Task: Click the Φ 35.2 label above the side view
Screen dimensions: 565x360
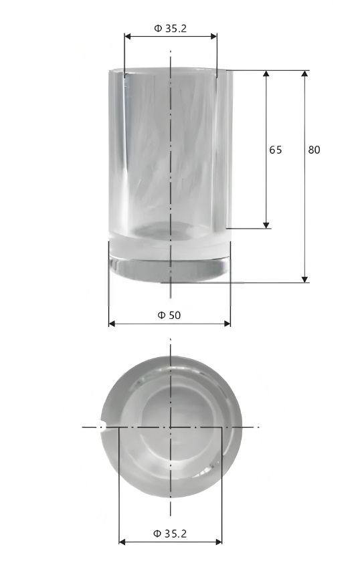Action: (171, 28)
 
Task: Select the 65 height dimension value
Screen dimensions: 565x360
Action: (275, 150)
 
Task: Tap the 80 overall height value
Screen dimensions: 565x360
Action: (314, 150)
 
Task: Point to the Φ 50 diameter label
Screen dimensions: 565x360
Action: (169, 315)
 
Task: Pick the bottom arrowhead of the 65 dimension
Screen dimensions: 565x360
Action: (266, 225)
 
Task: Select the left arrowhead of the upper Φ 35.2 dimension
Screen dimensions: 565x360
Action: (128, 37)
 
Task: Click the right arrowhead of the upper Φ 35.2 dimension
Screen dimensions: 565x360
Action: (213, 37)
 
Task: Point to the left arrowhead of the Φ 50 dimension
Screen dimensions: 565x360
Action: (112, 324)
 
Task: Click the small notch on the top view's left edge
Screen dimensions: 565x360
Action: (104, 427)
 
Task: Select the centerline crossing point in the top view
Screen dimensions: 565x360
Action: (171, 427)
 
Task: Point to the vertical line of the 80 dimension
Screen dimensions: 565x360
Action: (305, 201)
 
